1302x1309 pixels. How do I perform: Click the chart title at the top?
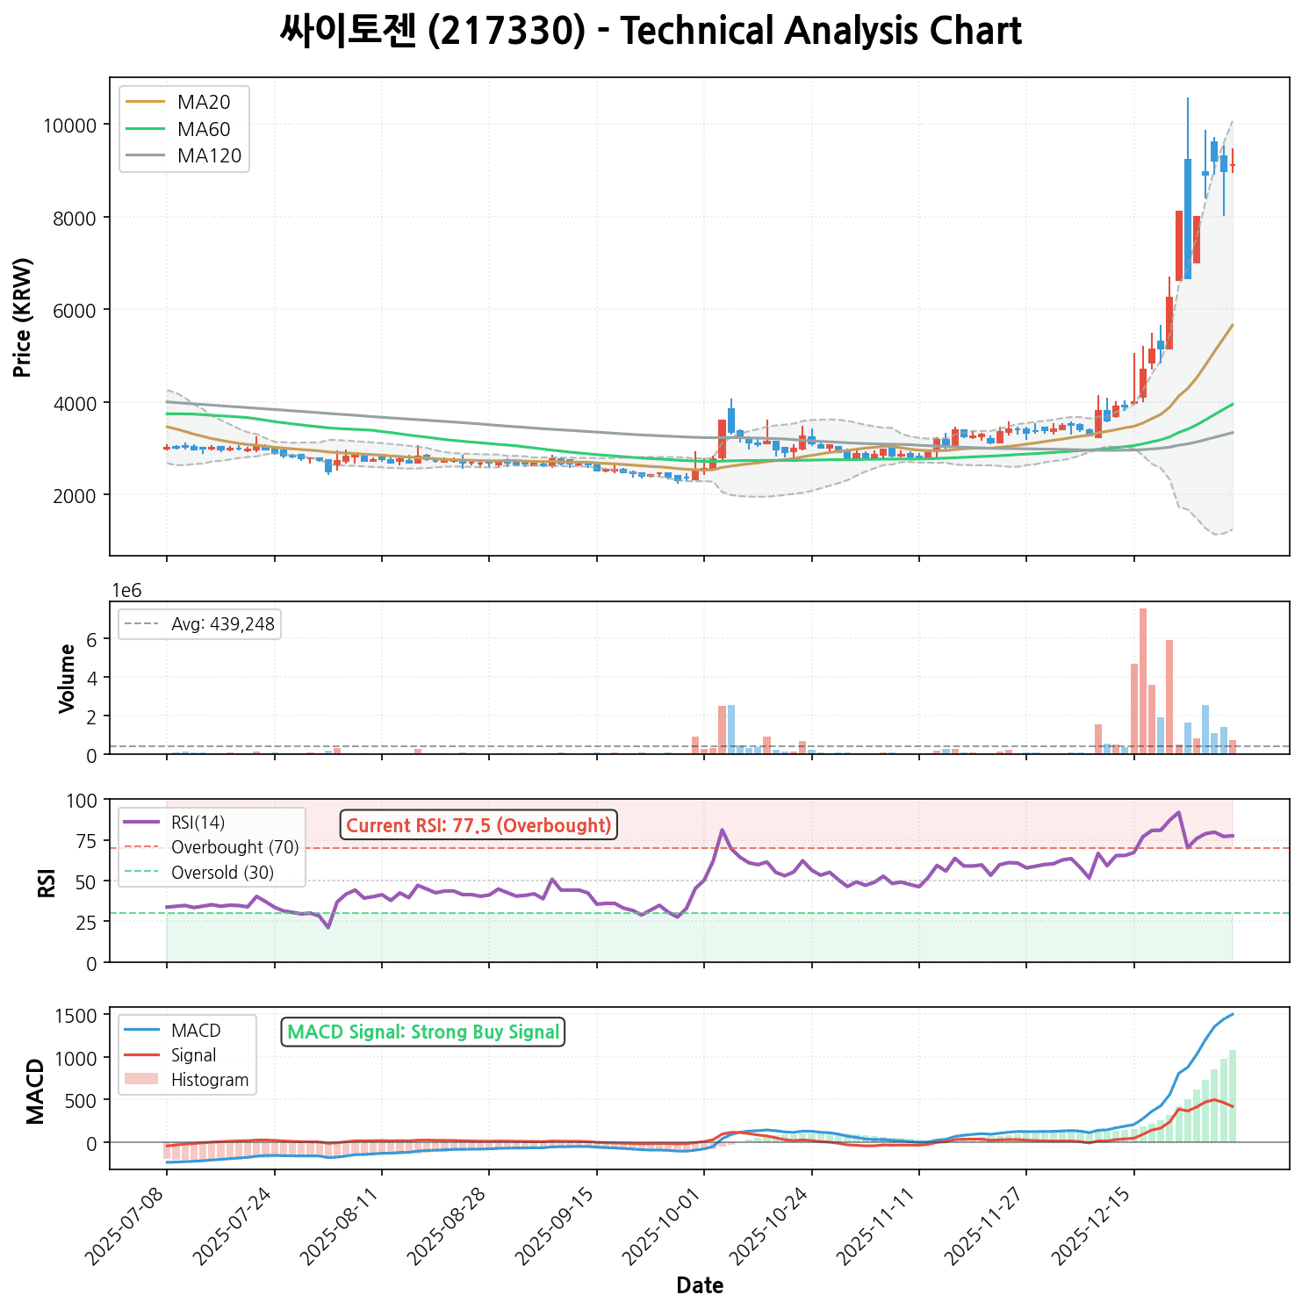point(651,32)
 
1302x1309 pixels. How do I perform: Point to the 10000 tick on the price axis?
point(69,126)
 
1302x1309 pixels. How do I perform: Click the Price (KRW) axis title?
point(24,317)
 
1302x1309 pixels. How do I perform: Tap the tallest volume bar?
point(1143,680)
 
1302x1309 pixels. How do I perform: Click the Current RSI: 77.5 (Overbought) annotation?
point(478,825)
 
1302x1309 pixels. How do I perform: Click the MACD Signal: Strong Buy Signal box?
point(423,1032)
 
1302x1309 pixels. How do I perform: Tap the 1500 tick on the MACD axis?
point(76,1016)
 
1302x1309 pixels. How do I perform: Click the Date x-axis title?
point(700,1286)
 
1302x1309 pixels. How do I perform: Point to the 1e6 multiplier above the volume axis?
point(126,590)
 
